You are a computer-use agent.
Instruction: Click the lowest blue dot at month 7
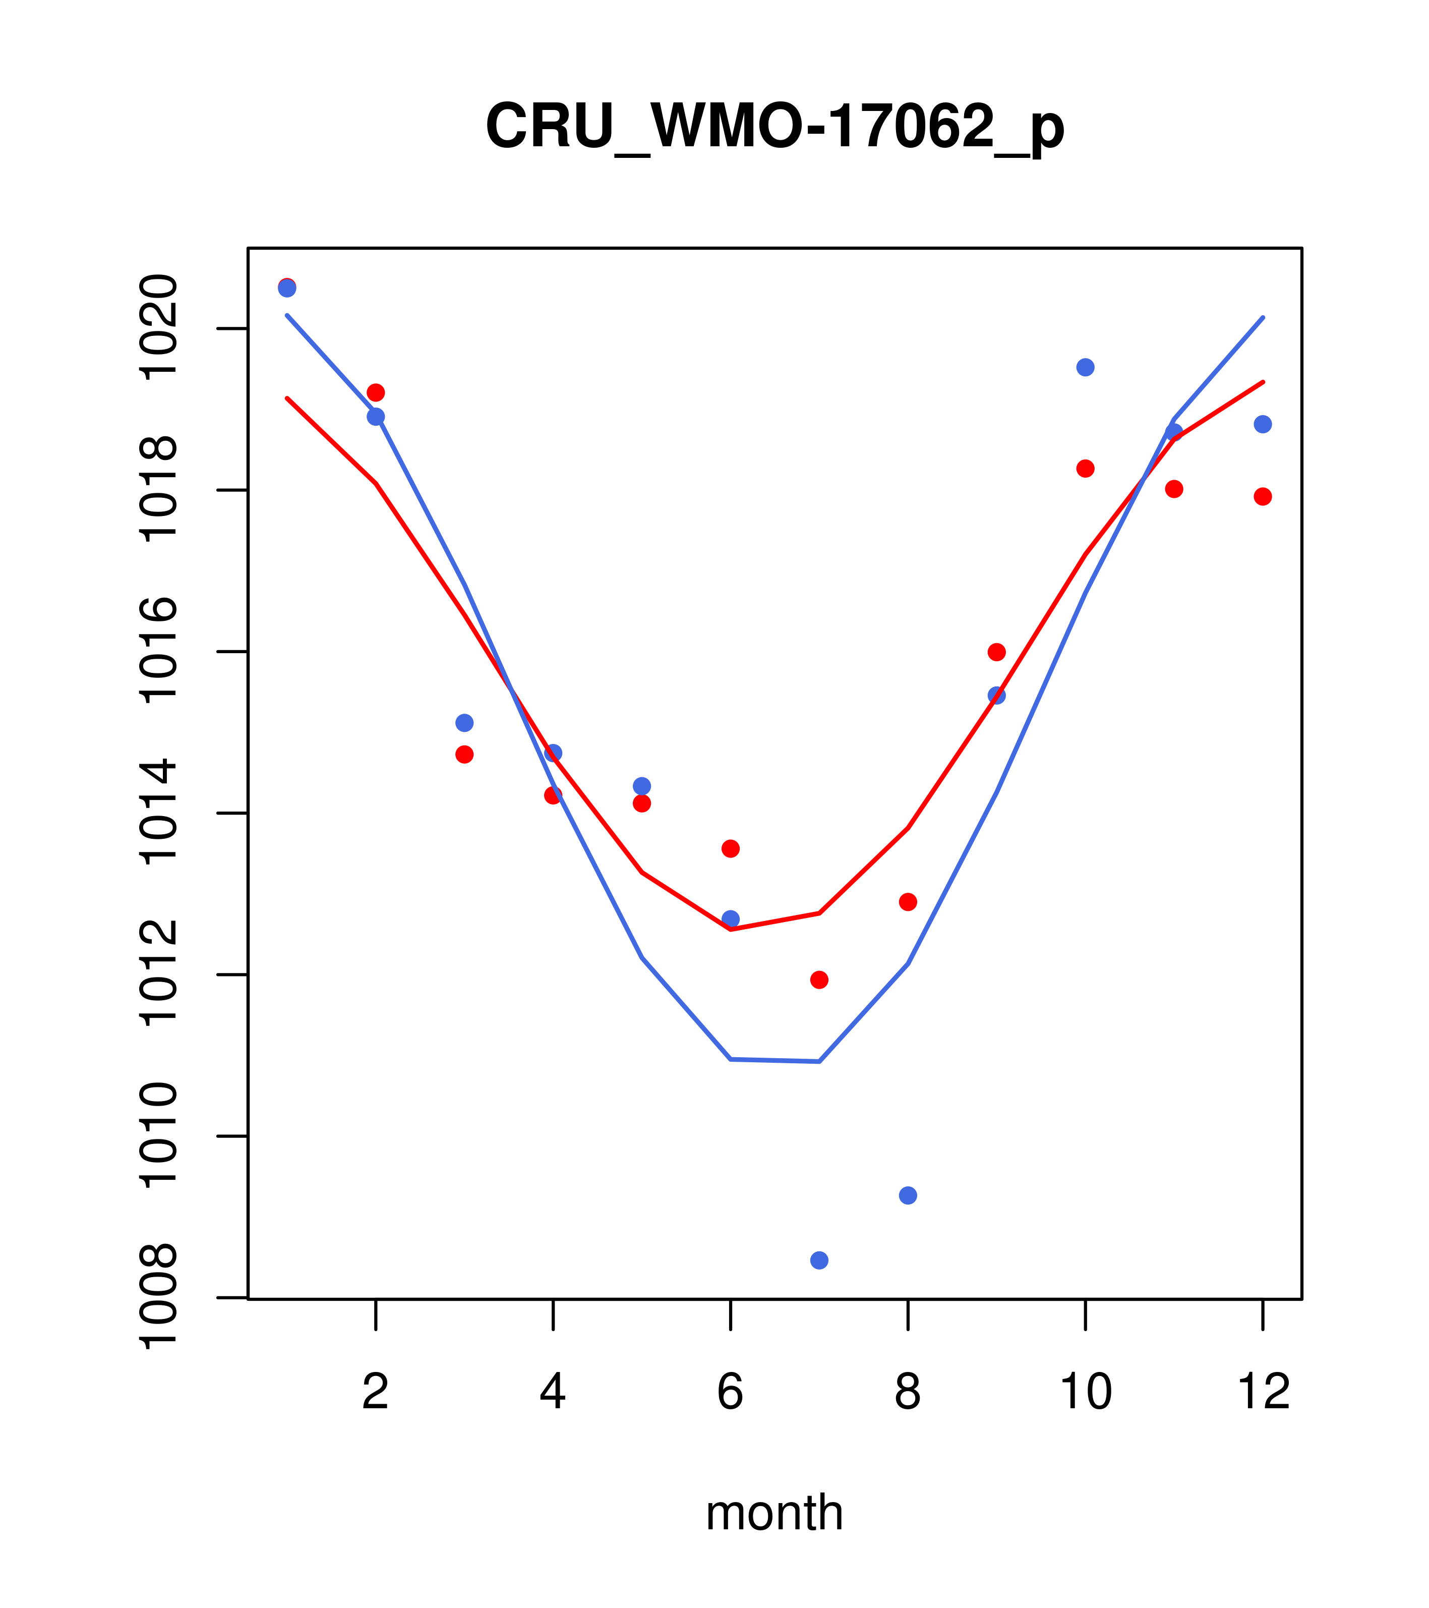tap(819, 1260)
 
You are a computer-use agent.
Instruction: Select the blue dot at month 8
tap(908, 1195)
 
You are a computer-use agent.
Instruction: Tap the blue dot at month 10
tap(1085, 367)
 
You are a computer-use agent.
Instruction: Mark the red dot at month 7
tap(819, 980)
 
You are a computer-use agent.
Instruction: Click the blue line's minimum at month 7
tap(819, 1061)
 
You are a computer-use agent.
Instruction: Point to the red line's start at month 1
tap(287, 398)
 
